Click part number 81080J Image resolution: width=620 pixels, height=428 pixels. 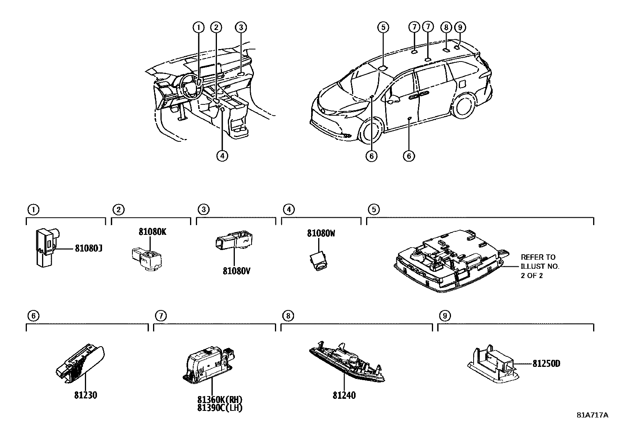88,248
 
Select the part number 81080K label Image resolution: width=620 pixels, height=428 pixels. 152,232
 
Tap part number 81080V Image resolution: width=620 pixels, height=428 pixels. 236,270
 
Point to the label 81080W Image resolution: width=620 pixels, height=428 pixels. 321,234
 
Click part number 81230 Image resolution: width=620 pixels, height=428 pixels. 85,395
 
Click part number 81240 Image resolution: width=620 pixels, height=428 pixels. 344,395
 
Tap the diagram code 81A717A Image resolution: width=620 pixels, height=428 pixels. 592,415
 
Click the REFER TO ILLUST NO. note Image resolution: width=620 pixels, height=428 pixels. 540,266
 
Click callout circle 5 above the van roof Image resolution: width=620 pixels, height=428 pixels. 383,27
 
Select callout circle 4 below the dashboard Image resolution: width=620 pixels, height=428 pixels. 222,156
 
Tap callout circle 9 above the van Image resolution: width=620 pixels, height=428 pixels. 460,27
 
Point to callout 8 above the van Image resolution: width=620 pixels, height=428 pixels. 446,27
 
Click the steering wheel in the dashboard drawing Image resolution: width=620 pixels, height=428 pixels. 190,86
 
